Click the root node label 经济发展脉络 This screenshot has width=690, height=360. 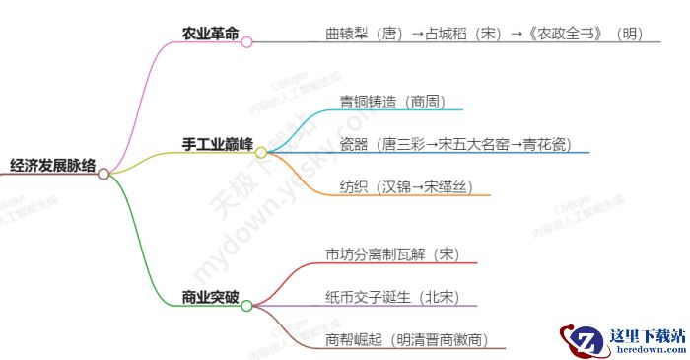[52, 166]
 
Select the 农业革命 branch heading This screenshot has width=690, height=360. [210, 34]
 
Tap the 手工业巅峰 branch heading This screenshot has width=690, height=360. [217, 144]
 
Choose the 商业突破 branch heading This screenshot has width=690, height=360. [210, 296]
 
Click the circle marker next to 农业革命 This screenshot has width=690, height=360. [247, 42]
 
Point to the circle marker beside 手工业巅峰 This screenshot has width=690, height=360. [261, 153]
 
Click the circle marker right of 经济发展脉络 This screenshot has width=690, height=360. [103, 174]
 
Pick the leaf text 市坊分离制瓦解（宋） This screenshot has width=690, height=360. [392, 254]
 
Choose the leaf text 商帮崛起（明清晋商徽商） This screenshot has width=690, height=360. [407, 340]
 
